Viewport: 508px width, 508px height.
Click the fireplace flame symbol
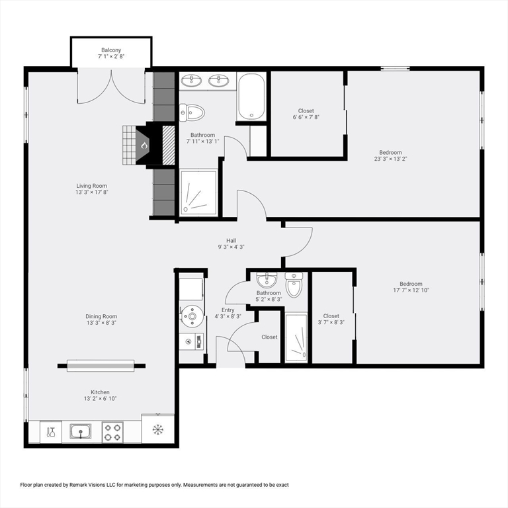144,146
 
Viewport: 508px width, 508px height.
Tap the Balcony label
111,50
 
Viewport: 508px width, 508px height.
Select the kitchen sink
81,431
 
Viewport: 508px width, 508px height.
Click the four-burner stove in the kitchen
112,432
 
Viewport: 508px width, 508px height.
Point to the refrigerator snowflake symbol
158,429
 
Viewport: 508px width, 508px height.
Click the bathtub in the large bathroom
251,97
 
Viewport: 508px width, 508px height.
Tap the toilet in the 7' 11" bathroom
192,112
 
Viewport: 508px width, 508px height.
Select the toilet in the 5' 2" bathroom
294,285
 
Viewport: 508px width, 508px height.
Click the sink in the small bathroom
267,280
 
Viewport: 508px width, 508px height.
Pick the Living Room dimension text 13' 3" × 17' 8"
92,192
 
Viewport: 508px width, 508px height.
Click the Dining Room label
101,316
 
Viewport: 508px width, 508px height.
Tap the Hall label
231,240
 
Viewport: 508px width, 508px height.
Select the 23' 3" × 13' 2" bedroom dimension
390,159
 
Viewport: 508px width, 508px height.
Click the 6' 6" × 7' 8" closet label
306,117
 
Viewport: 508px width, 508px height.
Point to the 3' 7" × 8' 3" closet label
331,322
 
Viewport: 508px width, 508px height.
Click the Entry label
228,310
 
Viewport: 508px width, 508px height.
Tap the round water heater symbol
192,316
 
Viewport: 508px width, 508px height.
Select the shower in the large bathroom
198,192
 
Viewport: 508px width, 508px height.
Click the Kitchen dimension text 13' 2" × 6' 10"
100,398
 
